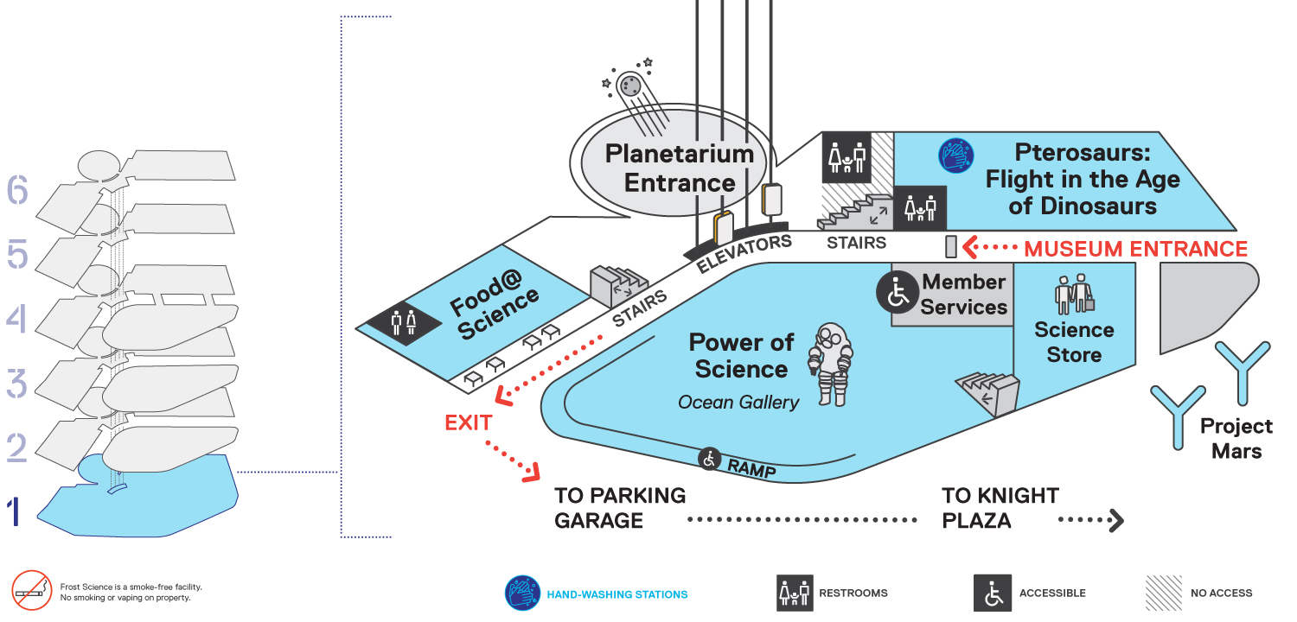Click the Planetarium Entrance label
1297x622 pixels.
click(x=679, y=168)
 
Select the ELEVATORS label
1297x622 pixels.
click(x=744, y=253)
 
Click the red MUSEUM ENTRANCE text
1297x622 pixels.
click(x=1135, y=249)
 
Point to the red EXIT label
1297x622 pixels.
click(x=469, y=423)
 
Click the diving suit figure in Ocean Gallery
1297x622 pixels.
click(x=831, y=365)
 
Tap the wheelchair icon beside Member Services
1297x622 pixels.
click(x=898, y=292)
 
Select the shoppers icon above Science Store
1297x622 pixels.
click(x=1074, y=294)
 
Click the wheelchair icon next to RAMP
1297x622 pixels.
click(x=709, y=460)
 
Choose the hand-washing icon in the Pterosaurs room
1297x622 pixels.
click(x=956, y=155)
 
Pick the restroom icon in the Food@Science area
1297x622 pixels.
click(x=404, y=323)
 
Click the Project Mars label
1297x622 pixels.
click(x=1236, y=439)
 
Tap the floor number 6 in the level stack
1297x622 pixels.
click(x=17, y=190)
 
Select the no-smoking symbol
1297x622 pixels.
click(x=32, y=590)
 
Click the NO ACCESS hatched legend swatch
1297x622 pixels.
click(x=1164, y=593)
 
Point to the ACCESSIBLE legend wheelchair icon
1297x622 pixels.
click(x=993, y=593)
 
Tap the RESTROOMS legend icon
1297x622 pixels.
click(x=795, y=593)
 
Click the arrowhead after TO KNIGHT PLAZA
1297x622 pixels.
click(x=1116, y=520)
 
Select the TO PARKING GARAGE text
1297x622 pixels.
click(x=620, y=508)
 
